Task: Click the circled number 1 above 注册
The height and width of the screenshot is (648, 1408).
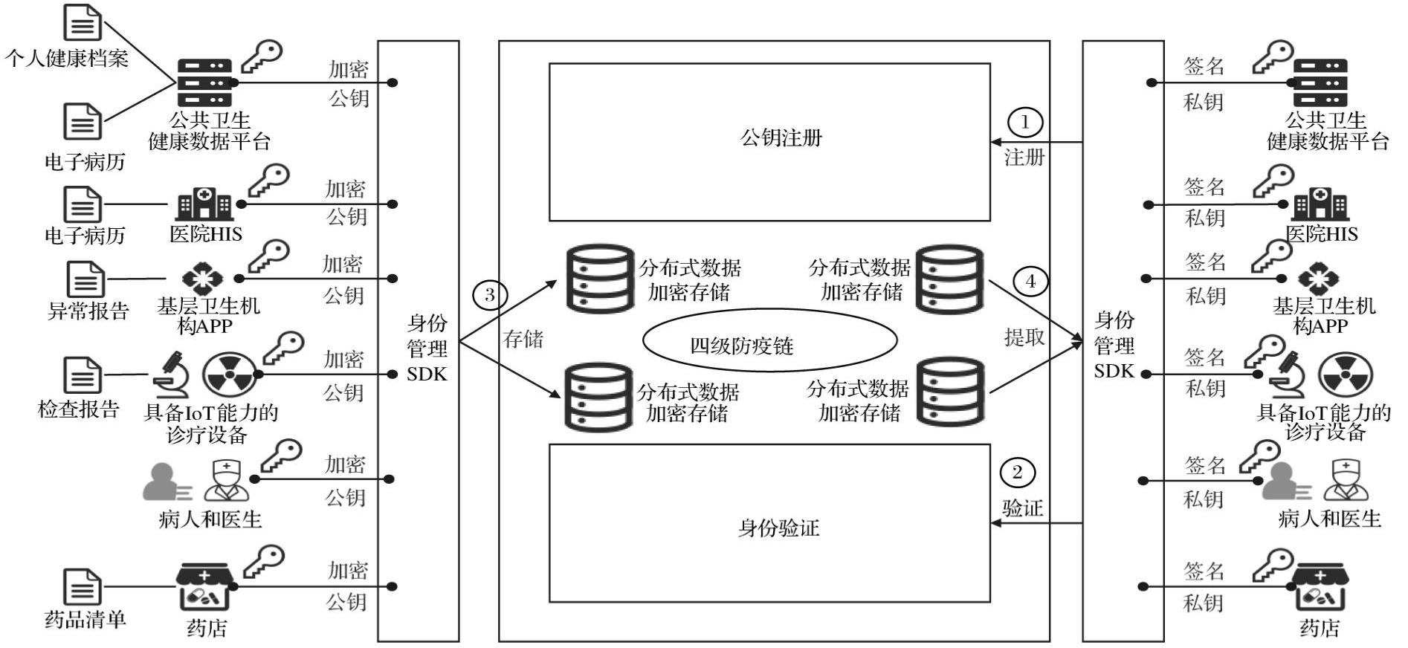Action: [x=1025, y=122]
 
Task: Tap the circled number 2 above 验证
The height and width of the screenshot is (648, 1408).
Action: [x=1017, y=473]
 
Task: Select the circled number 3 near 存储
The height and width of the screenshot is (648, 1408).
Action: [x=490, y=295]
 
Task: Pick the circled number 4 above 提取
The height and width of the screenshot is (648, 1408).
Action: [x=1030, y=282]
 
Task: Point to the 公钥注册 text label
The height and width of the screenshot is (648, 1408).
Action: [x=781, y=138]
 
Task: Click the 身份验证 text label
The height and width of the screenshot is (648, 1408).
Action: [x=778, y=528]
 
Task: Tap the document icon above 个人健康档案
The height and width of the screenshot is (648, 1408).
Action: [x=82, y=22]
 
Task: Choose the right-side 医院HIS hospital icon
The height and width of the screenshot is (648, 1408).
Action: [x=1320, y=204]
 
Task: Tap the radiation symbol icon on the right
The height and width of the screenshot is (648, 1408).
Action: [x=1345, y=375]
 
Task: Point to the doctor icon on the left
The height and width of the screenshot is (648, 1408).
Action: [x=227, y=481]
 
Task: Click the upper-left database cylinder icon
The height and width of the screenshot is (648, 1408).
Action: [x=600, y=279]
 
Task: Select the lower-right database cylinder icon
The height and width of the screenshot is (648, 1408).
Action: [x=949, y=392]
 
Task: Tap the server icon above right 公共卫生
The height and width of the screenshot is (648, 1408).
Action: [x=1320, y=82]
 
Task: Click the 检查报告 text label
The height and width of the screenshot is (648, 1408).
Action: [x=79, y=409]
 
